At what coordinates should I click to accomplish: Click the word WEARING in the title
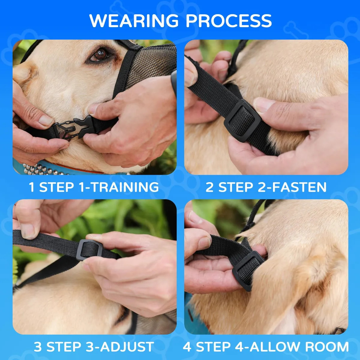click(x=134, y=21)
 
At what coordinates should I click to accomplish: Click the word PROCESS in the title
click(x=229, y=21)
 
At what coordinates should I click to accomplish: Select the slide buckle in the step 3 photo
click(x=89, y=250)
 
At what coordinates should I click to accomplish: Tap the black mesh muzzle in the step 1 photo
click(x=149, y=64)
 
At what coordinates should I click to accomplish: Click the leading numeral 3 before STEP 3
click(x=38, y=347)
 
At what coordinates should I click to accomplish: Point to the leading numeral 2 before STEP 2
click(x=210, y=187)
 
